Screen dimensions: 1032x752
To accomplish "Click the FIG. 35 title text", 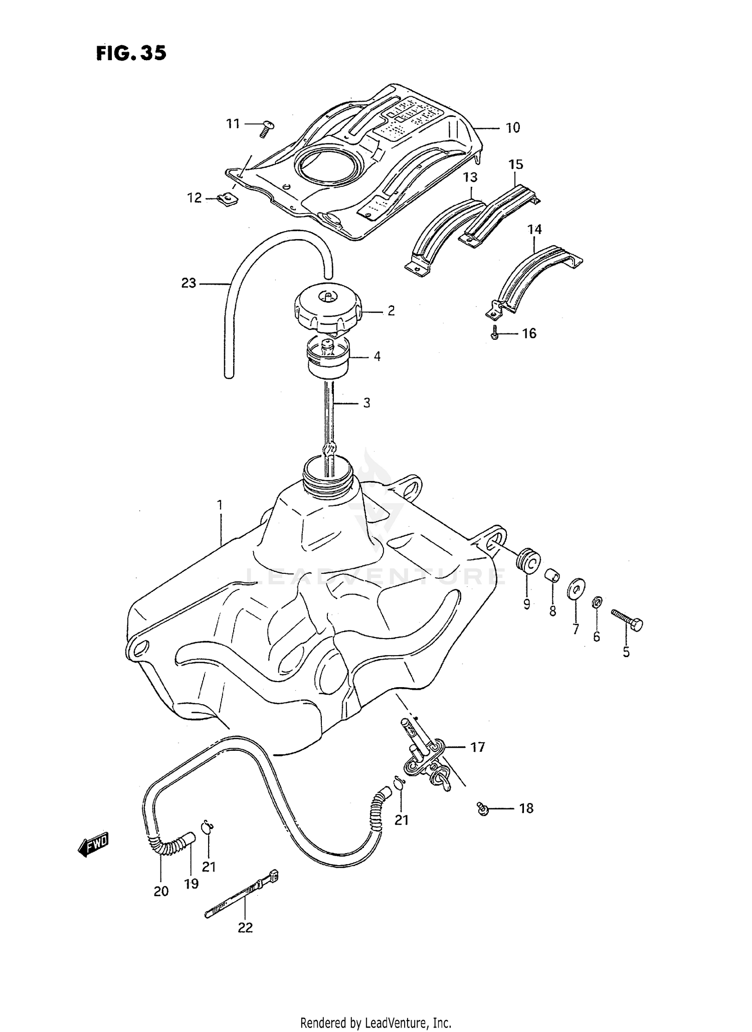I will (131, 53).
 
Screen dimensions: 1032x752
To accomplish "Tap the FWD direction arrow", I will (94, 845).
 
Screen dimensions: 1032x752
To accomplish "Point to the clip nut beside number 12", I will (229, 199).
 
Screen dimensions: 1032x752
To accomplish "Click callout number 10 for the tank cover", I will (512, 128).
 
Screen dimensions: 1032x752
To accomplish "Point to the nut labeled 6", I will (597, 602).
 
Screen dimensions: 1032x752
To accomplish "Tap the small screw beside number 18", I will (483, 808).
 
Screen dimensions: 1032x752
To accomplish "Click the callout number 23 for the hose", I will (189, 283).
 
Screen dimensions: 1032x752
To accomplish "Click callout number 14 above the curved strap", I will (534, 230).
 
